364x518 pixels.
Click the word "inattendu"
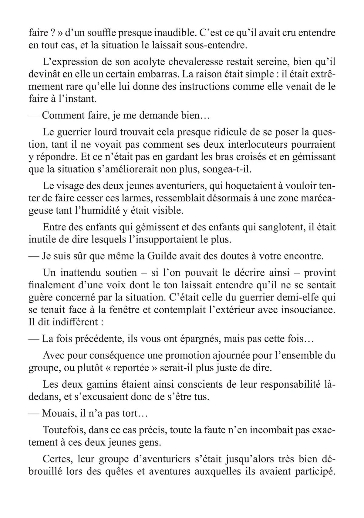pyautogui.click(x=84, y=273)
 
